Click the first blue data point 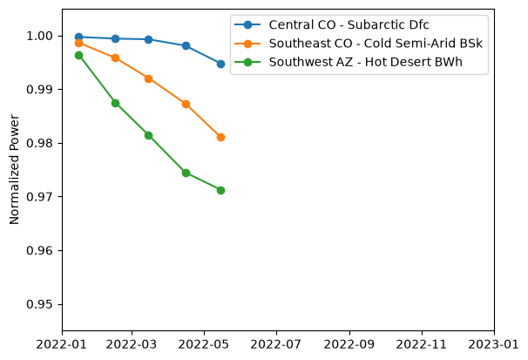pyautogui.click(x=78, y=37)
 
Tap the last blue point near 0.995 pyautogui.click(x=220, y=64)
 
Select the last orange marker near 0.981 pyautogui.click(x=220, y=137)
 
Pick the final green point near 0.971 pyautogui.click(x=220, y=190)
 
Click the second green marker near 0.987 pyautogui.click(x=115, y=103)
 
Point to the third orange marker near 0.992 pyautogui.click(x=148, y=78)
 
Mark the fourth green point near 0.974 pyautogui.click(x=186, y=173)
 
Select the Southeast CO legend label pyautogui.click(x=376, y=44)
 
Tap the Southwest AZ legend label pyautogui.click(x=365, y=62)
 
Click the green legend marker pyautogui.click(x=247, y=62)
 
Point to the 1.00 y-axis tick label pyautogui.click(x=40, y=36)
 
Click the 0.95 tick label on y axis pyautogui.click(x=40, y=304)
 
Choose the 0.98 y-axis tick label pyautogui.click(x=40, y=143)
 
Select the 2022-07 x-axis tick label pyautogui.click(x=276, y=344)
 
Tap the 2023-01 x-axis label pyautogui.click(x=494, y=344)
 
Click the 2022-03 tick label pyautogui.click(x=132, y=344)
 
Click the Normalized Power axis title pyautogui.click(x=14, y=169)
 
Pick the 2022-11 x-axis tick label pyautogui.click(x=421, y=344)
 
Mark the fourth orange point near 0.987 pyautogui.click(x=186, y=104)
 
